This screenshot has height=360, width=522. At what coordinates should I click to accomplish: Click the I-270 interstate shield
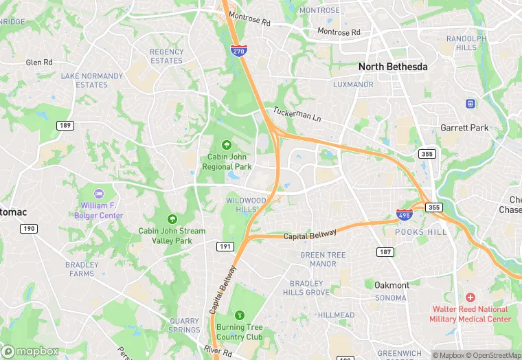click(x=238, y=51)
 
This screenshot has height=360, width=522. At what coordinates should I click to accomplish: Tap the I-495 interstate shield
click(x=405, y=214)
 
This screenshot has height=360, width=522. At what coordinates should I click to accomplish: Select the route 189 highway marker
click(x=66, y=126)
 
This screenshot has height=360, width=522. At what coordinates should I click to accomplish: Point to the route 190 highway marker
click(x=28, y=228)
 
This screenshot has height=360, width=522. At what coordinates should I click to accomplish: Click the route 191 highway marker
click(x=225, y=245)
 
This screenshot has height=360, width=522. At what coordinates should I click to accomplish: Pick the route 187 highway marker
click(x=386, y=252)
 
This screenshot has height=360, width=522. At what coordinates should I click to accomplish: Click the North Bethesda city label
click(x=393, y=67)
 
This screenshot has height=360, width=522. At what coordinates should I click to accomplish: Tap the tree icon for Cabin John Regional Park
click(x=226, y=144)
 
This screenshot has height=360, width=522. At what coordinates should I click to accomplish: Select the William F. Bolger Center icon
click(x=98, y=194)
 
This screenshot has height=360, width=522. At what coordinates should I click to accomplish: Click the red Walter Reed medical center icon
click(x=470, y=297)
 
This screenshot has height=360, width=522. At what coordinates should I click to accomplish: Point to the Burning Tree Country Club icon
click(x=239, y=315)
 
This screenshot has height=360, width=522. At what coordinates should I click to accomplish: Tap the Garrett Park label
click(x=464, y=128)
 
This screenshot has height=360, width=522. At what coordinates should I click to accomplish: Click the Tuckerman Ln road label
click(x=297, y=115)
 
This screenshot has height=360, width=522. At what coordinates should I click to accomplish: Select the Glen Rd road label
click(x=39, y=62)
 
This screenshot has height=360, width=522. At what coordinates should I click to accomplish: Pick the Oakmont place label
click(x=391, y=285)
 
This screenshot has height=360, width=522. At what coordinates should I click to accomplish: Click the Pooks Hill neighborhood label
click(x=420, y=232)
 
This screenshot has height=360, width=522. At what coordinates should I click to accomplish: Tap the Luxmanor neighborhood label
click(x=353, y=85)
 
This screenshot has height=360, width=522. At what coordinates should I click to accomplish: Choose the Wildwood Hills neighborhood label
click(x=246, y=204)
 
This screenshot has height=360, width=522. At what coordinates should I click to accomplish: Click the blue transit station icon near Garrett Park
click(x=470, y=103)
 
